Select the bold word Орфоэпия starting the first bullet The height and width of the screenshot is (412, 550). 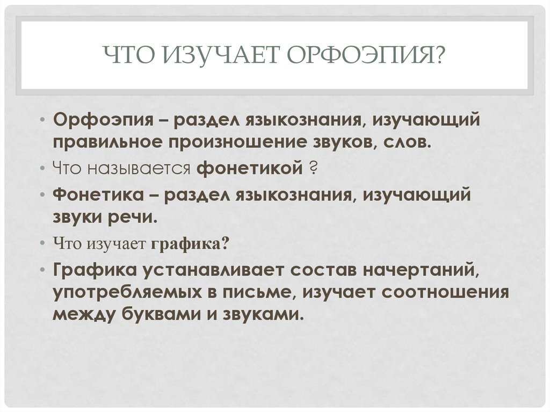click(x=103, y=120)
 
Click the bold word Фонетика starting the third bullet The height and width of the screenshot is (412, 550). click(x=99, y=195)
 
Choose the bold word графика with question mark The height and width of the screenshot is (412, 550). click(x=190, y=243)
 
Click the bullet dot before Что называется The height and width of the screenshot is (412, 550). click(x=42, y=169)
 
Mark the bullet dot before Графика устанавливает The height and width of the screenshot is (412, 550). click(x=42, y=270)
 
